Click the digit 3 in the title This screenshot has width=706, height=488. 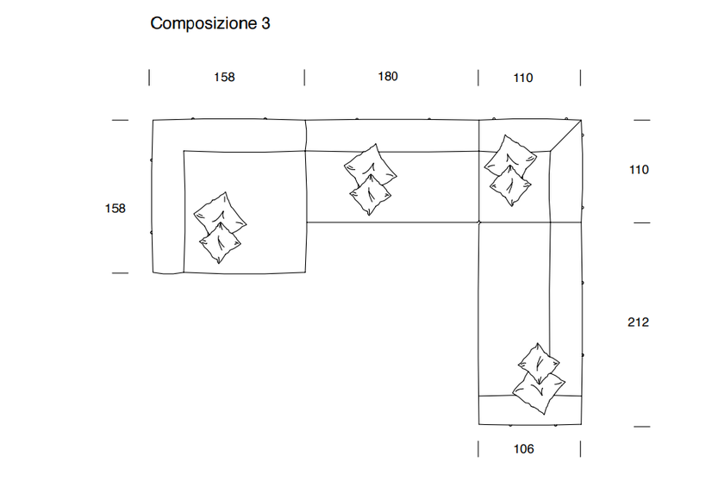pos(266,23)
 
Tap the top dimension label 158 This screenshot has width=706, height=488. pos(224,78)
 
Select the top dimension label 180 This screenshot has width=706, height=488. pos(388,77)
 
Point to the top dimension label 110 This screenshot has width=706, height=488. pos(523,78)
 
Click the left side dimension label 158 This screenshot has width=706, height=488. pos(115,208)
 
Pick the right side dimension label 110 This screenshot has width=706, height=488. pos(638,170)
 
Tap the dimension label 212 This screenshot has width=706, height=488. pos(638,322)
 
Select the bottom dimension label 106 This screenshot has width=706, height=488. pos(523,448)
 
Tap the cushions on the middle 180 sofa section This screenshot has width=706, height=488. pos(371,179)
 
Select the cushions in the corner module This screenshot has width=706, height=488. pos(509,170)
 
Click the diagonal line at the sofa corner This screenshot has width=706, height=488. pos(565,135)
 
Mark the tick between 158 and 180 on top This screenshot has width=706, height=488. pos(305,78)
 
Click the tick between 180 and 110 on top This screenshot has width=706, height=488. pos(478,78)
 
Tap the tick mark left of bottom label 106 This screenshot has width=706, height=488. pos(478,448)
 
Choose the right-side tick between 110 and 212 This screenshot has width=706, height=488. pos(641,222)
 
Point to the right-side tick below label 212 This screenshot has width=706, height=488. pos(641,427)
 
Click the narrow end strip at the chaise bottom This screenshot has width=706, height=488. pos(530,410)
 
